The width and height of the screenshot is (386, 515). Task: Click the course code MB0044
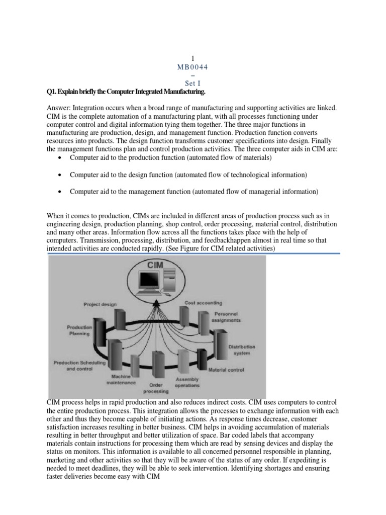(x=193, y=67)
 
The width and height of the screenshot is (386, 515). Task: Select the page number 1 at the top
(x=193, y=59)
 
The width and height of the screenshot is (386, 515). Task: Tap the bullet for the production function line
(x=60, y=158)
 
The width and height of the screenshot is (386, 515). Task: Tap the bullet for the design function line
(x=60, y=175)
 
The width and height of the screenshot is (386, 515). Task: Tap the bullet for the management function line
(x=60, y=192)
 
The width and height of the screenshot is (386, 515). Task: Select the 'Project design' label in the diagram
(x=101, y=304)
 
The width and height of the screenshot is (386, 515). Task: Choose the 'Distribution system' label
(x=242, y=350)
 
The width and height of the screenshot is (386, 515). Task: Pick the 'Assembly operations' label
(x=187, y=382)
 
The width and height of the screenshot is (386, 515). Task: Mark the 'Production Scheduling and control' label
(x=77, y=365)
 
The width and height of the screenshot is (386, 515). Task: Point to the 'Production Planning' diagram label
(x=79, y=330)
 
